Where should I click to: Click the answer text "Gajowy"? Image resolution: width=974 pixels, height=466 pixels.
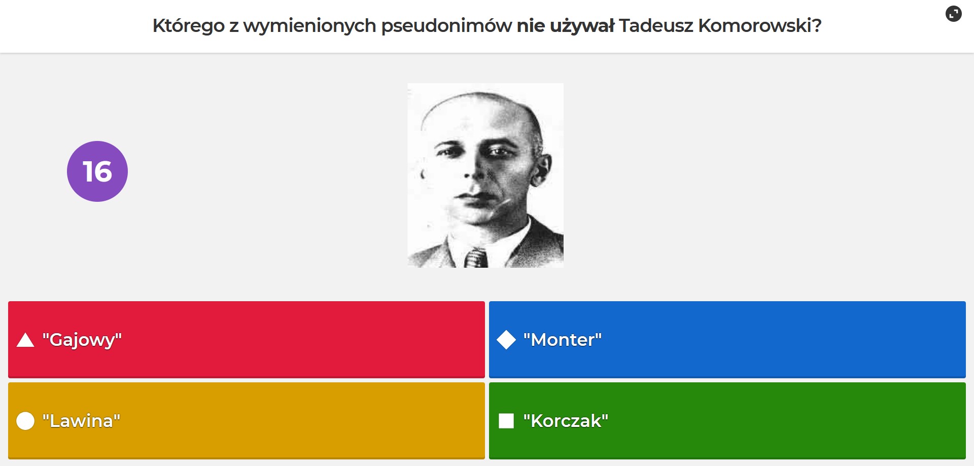82,340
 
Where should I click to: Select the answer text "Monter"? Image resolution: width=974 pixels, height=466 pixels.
563,340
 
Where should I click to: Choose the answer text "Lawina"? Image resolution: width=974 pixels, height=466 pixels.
82,421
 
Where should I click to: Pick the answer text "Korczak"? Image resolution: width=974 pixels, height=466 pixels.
566,421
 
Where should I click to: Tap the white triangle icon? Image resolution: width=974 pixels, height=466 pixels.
25,340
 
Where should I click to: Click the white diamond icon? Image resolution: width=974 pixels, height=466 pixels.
506,340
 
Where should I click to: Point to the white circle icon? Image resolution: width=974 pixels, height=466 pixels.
25,421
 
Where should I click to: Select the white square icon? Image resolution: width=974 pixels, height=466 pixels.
506,421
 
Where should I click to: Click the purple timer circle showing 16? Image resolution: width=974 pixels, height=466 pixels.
97,171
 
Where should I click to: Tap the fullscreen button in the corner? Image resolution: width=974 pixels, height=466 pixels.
954,14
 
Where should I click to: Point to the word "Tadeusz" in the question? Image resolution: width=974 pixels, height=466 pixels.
656,25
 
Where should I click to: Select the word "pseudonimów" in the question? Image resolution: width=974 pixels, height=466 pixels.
446,26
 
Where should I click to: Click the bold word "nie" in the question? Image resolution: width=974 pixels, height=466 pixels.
531,25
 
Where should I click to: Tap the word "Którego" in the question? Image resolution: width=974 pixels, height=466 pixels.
188,26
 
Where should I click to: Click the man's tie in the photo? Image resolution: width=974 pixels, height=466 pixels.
476,258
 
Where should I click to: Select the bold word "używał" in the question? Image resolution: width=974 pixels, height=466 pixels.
582,26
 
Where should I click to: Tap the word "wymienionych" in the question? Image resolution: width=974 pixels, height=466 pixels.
310,26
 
